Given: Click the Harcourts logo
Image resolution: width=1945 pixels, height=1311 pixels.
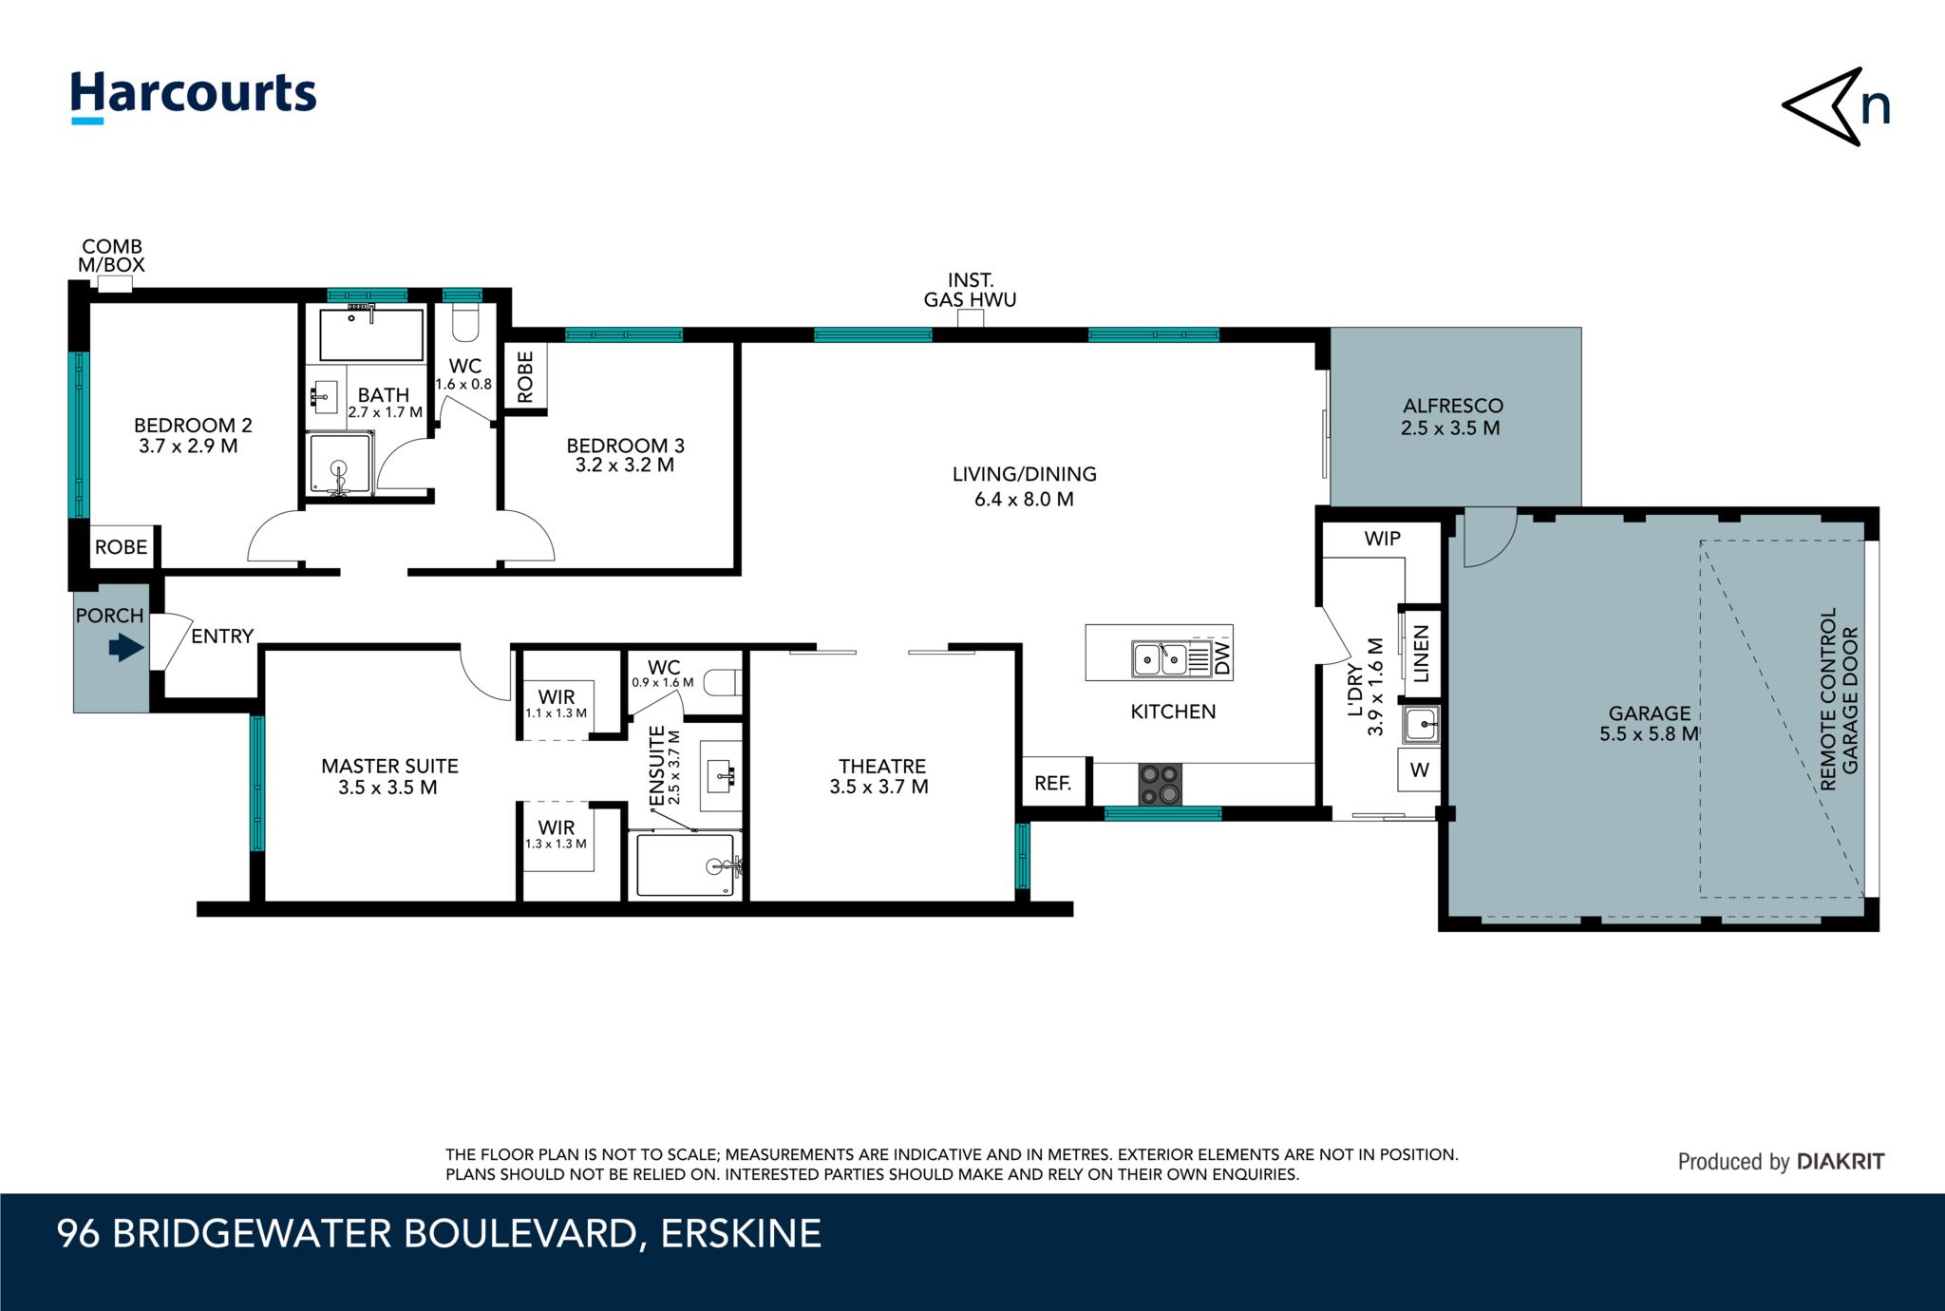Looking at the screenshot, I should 193,96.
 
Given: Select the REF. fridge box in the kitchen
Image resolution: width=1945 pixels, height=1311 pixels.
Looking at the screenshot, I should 1053,783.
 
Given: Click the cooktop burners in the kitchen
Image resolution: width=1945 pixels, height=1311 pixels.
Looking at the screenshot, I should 1160,785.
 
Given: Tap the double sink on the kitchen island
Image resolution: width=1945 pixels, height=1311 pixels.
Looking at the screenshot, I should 1161,658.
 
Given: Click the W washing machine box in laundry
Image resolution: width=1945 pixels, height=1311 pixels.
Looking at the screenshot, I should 1419,770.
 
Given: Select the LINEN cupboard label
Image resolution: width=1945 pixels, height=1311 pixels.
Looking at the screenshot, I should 1422,654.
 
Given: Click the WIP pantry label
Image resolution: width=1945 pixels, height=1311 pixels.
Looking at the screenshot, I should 1382,539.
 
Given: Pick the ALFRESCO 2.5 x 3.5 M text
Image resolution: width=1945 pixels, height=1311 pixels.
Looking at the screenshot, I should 1452,417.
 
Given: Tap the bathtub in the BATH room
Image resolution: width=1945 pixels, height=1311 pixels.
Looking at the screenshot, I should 371,334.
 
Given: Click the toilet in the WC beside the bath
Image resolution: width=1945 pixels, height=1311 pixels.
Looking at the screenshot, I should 465,324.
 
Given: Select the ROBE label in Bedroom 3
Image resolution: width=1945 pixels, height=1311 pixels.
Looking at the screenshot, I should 525,376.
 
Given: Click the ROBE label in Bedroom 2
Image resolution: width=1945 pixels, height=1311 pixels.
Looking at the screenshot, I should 122,547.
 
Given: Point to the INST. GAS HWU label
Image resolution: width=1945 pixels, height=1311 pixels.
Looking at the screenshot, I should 970,290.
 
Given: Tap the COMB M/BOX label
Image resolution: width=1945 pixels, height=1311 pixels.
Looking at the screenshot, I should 111,256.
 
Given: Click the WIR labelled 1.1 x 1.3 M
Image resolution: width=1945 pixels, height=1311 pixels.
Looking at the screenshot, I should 557,703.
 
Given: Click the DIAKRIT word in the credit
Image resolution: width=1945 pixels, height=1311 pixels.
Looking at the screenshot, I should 1841,1161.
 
